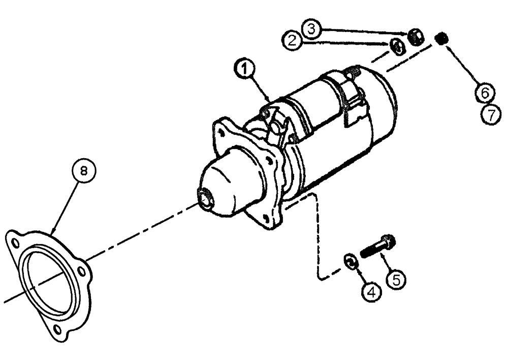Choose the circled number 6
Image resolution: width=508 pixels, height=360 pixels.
[485, 93]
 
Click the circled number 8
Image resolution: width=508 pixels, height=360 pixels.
[85, 172]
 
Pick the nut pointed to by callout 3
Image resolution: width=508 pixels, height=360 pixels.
[415, 37]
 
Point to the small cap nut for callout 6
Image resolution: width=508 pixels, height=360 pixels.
[442, 38]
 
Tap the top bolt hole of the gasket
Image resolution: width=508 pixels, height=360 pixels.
[15, 237]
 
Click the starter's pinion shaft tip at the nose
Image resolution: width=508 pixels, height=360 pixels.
[205, 197]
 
